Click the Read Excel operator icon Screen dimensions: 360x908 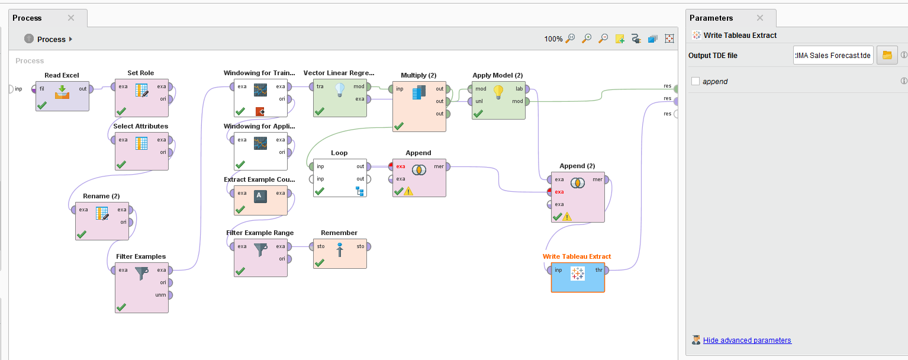click(62, 92)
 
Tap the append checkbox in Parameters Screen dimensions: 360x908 click(696, 81)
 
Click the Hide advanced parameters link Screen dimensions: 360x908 click(747, 340)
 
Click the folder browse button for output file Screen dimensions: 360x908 click(887, 55)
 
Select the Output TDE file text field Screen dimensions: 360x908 click(833, 55)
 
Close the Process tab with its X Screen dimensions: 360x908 click(71, 18)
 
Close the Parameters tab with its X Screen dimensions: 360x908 click(760, 18)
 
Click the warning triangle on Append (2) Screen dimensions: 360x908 click(567, 217)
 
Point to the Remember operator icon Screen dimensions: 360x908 click(340, 250)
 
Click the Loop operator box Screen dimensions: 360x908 click(340, 178)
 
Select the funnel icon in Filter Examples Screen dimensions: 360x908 click(141, 274)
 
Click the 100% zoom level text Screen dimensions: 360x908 click(553, 39)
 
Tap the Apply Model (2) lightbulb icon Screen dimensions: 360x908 click(498, 92)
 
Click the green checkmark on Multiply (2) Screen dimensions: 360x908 click(399, 126)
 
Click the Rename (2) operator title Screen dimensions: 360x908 click(101, 196)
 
